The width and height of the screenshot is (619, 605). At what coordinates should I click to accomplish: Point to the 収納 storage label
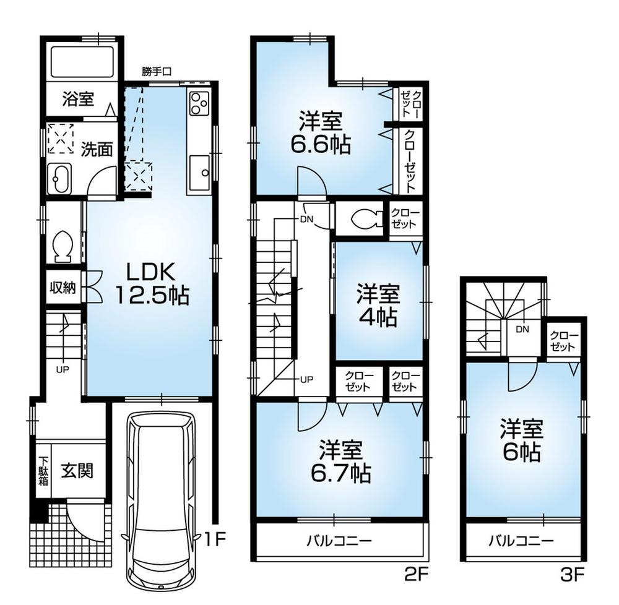pos(63,288)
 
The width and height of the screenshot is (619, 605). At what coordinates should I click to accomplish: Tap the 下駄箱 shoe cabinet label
pos(43,471)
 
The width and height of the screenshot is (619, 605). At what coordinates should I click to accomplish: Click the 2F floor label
pos(415,575)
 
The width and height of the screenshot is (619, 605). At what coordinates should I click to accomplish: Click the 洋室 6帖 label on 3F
pos(522,440)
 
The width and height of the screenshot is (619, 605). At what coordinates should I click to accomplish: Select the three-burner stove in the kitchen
pos(199,104)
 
